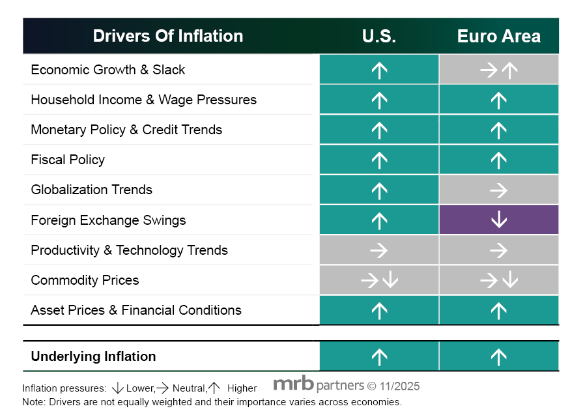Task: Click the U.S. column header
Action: (379, 36)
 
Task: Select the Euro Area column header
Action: (498, 36)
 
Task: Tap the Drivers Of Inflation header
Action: (168, 36)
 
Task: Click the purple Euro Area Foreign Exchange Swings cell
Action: (498, 220)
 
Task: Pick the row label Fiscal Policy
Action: (68, 160)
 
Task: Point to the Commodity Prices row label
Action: (85, 280)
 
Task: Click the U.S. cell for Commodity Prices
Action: (379, 280)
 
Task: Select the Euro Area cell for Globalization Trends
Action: (498, 190)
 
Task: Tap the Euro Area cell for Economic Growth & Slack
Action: (498, 70)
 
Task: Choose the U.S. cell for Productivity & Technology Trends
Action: (379, 250)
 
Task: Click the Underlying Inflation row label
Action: (93, 356)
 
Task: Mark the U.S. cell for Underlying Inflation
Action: (379, 356)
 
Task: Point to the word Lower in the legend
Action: (140, 388)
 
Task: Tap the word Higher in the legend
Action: (242, 388)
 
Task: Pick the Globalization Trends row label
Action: (91, 190)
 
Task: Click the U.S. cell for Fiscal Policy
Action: (379, 160)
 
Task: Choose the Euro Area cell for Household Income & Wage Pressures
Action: (498, 100)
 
